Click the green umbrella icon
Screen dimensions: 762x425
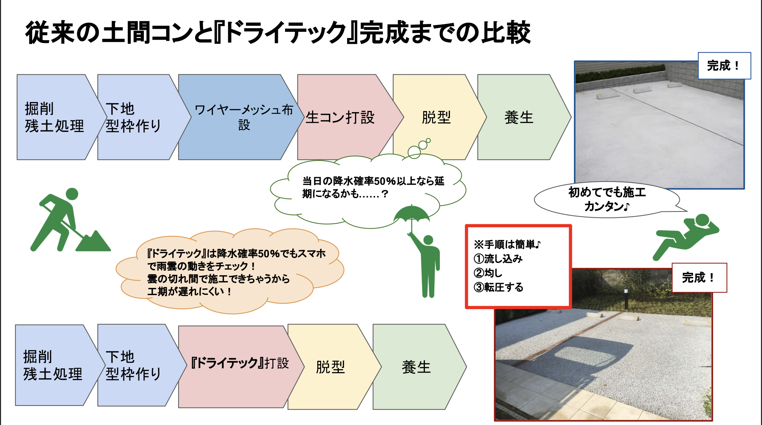tap(411, 216)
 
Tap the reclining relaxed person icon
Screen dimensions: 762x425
tap(685, 236)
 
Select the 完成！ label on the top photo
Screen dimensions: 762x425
tap(724, 66)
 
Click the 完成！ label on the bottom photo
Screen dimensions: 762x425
tap(699, 278)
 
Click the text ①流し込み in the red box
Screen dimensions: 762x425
tap(498, 259)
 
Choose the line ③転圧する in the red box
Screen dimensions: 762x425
tap(499, 287)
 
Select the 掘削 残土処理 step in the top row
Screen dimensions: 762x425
tap(57, 117)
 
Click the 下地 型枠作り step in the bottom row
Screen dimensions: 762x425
tap(137, 365)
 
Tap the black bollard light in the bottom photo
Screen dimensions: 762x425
tap(626, 299)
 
